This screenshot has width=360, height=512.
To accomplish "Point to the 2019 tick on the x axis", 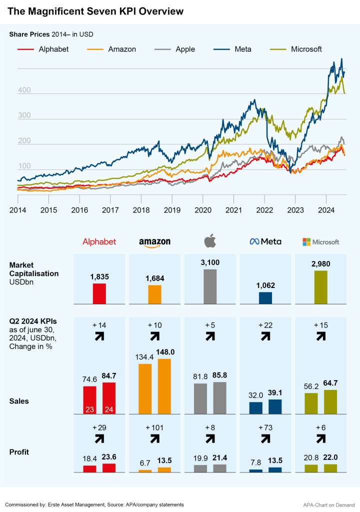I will click(x=172, y=210).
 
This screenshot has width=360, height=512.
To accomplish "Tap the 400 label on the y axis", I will click(x=24, y=90).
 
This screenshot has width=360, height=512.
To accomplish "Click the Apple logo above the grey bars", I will click(x=210, y=241).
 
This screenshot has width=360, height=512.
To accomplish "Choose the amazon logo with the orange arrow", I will click(x=154, y=242).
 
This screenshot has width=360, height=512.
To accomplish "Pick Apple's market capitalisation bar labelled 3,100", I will click(x=210, y=286).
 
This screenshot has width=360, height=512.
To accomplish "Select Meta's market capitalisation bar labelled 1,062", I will click(x=265, y=298).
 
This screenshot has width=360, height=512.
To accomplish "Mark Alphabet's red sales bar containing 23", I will click(x=89, y=400).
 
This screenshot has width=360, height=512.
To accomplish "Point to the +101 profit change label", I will click(x=154, y=428).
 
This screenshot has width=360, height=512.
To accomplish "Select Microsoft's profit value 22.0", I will click(x=330, y=457).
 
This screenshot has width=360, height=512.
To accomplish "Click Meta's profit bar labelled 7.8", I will click(x=255, y=470).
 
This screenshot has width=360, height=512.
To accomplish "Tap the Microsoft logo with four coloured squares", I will click(x=320, y=242).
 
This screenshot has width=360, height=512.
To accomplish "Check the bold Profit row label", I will click(x=19, y=452).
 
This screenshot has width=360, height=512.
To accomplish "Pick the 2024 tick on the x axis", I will click(x=326, y=210).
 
